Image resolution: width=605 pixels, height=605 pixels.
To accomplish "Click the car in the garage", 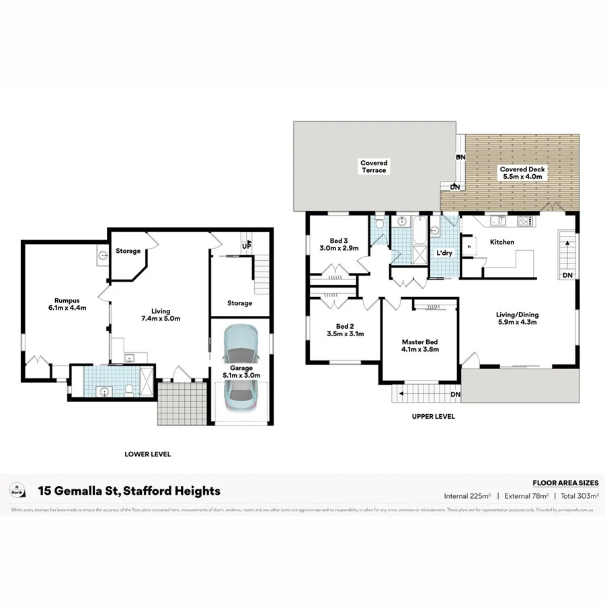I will click(x=241, y=369).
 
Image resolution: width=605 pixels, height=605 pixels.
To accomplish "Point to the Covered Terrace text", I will click(x=374, y=166).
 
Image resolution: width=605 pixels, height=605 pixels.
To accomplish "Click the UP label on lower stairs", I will click(x=247, y=246).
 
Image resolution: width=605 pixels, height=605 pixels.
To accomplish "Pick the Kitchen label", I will click(x=501, y=242).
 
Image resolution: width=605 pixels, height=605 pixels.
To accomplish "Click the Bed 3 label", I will click(x=339, y=241).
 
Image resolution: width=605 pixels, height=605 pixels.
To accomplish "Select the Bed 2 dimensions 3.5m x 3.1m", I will click(x=345, y=333).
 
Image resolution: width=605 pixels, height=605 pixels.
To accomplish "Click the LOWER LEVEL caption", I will click(x=148, y=454).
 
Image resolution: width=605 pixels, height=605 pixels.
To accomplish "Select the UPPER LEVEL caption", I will click(x=434, y=417).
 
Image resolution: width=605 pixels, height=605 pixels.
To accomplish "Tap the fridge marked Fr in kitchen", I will click(x=469, y=246).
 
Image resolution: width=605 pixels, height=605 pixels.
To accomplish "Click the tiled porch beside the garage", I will click(x=180, y=403).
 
